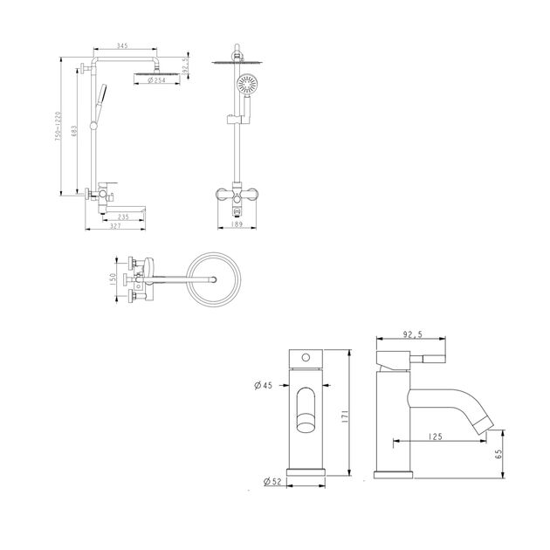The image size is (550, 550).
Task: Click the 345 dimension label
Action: tap(122, 45)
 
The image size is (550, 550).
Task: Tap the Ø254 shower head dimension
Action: tap(157, 80)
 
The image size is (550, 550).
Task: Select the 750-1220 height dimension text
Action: tap(58, 127)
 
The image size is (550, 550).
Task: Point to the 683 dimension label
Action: tap(74, 132)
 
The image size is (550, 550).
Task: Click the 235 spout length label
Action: tap(123, 217)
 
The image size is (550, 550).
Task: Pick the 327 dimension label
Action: tap(115, 226)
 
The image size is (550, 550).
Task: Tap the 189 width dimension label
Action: tap(237, 224)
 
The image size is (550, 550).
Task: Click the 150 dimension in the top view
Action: tap(113, 279)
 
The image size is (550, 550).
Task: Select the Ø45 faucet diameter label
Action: tap(263, 386)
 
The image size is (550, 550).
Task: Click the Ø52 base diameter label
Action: tap(272, 482)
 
